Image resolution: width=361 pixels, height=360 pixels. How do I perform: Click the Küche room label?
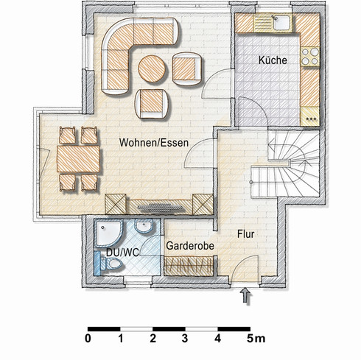273,60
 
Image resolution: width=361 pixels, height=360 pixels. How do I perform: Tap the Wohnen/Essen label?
154,143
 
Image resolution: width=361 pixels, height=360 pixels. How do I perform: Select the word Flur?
245,234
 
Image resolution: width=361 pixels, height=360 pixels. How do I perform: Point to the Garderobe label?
190,246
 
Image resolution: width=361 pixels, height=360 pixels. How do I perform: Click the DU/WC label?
122,253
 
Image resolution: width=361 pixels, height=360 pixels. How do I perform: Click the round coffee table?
152,68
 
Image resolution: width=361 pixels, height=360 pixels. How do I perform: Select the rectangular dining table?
78,159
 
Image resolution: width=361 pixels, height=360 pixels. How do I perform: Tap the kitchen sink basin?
281,22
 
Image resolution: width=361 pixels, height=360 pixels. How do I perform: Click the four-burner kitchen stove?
310,57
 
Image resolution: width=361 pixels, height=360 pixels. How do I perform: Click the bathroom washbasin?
144,225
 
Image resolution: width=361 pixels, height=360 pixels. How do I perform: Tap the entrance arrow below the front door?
246,295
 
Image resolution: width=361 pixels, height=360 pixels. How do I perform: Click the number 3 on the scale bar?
185,339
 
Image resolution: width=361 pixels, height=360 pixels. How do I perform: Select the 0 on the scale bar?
88,339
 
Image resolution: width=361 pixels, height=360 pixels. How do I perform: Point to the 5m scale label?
256,339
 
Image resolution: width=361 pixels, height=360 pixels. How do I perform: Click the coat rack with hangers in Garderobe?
189,266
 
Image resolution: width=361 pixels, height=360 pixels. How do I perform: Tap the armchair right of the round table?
187,69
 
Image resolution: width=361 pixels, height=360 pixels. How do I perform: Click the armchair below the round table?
152,104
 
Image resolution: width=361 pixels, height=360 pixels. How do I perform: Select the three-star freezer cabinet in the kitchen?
310,116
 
